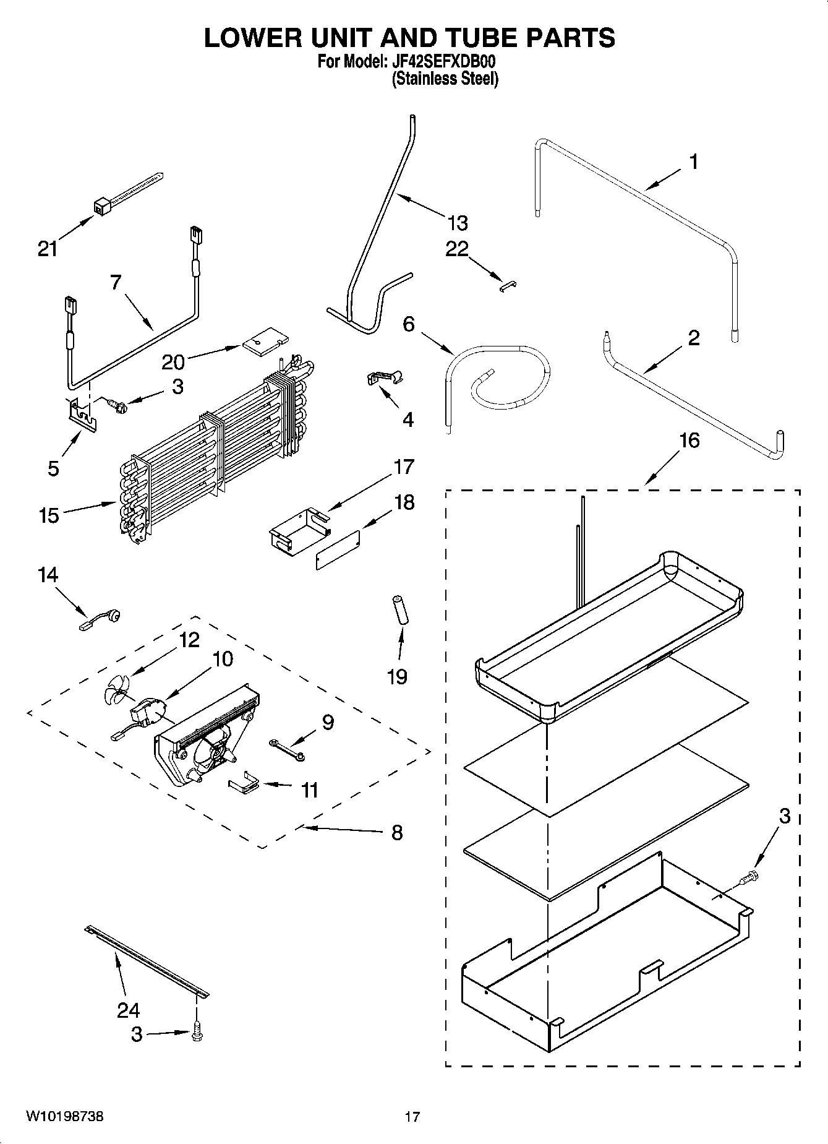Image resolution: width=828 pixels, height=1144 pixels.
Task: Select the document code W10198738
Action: coord(64,1117)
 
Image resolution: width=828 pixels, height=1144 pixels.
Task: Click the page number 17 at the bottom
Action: coord(412,1117)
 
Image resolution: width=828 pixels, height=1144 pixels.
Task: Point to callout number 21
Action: coord(48,249)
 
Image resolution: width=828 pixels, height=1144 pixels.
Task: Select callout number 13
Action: coord(458,222)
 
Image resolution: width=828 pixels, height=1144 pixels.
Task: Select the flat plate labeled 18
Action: coord(338,549)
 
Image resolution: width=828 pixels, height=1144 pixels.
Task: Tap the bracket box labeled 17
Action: coord(297,528)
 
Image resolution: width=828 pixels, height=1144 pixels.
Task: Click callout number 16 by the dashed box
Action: coord(689,441)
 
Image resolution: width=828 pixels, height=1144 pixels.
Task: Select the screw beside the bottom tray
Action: coord(750,875)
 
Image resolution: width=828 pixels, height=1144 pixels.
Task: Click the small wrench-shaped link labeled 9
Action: coord(286,749)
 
